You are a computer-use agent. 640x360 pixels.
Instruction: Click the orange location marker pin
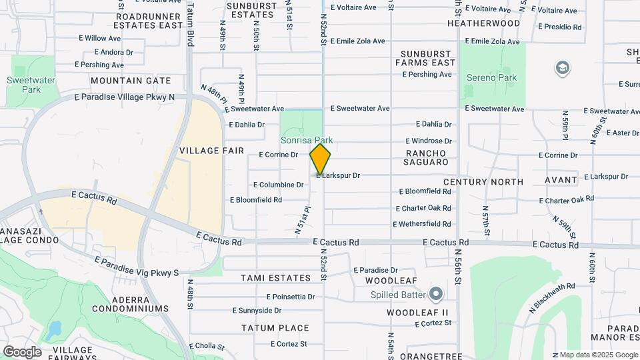[x=320, y=160]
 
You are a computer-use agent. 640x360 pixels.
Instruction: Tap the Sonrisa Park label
[x=307, y=141]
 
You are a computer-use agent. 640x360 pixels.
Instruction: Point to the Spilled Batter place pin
[x=437, y=293]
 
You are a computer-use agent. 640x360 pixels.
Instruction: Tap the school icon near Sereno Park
[x=563, y=68]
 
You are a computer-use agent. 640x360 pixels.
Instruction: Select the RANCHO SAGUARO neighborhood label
[x=427, y=157]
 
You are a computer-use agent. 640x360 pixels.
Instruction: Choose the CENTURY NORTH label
[x=483, y=182]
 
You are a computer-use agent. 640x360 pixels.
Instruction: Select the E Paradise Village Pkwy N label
[x=124, y=97]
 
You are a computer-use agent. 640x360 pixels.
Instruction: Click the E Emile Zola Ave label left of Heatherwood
[x=357, y=41]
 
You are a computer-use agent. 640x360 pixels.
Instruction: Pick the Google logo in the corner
[x=22, y=352]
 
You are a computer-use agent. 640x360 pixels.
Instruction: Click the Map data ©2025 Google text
[x=598, y=355]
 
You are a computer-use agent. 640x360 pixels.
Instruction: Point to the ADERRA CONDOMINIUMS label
[x=126, y=303]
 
